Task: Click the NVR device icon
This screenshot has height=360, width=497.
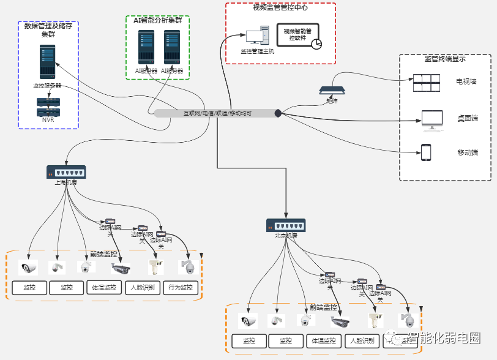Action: pos(48,107)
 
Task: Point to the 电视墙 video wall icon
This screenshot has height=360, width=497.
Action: pos(426,83)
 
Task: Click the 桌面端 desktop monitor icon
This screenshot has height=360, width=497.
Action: pos(432,119)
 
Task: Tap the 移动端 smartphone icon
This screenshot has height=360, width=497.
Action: pos(426,152)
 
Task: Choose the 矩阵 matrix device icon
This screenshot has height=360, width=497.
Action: pos(331,91)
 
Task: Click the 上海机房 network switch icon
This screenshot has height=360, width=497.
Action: pos(66,172)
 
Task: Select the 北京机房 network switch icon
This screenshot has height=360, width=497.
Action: pos(285,225)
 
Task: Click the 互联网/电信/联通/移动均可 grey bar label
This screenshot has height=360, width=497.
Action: pos(217,113)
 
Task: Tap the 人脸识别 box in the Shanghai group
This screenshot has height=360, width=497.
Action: pos(143,288)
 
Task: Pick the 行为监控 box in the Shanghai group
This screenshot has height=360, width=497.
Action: pos(181,288)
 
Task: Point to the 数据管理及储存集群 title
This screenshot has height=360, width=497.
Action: pos(48,30)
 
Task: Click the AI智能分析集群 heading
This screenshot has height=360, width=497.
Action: pos(157,20)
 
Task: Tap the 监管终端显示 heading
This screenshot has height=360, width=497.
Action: pos(445,59)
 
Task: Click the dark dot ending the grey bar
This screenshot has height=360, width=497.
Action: pos(278,113)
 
